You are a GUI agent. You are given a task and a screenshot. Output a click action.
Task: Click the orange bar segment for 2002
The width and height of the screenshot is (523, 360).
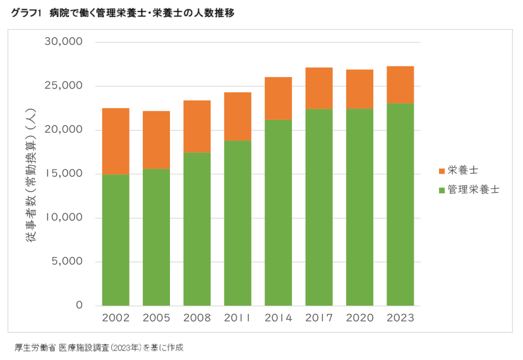116,141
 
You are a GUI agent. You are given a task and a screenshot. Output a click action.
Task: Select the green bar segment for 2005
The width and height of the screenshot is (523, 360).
156,237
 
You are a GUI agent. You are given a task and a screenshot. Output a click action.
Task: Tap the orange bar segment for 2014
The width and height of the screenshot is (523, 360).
278,98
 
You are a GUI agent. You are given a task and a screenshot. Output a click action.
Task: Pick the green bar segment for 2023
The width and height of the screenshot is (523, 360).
400,204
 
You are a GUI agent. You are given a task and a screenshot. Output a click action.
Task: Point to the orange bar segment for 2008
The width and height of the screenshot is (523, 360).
197,126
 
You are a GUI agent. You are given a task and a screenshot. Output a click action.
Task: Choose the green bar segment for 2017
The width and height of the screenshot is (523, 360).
319,207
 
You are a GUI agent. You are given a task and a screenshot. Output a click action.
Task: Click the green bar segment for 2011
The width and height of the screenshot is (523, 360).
237,223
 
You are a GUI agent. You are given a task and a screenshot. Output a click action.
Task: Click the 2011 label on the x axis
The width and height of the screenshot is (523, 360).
237,318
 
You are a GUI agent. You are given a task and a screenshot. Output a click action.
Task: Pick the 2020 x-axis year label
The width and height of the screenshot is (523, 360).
359,318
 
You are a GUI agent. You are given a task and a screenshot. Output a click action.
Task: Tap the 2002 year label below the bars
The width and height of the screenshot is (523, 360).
116,318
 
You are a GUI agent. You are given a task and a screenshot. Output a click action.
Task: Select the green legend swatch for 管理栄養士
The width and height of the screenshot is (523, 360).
441,189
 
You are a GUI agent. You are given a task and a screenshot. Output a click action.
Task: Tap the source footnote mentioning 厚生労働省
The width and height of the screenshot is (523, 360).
99,347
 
